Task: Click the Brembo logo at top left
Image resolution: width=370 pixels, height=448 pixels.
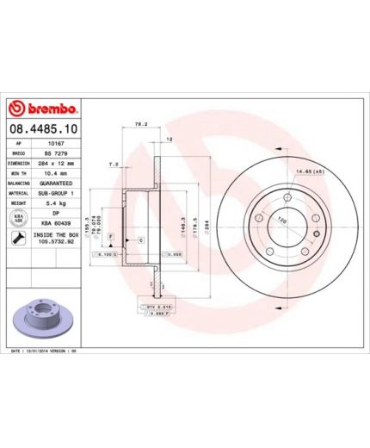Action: (x=44, y=109)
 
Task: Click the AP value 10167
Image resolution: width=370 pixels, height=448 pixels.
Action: (x=56, y=143)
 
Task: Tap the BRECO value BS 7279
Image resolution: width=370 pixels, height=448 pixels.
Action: (x=56, y=152)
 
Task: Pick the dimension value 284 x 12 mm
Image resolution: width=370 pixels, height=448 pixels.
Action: (x=56, y=161)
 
